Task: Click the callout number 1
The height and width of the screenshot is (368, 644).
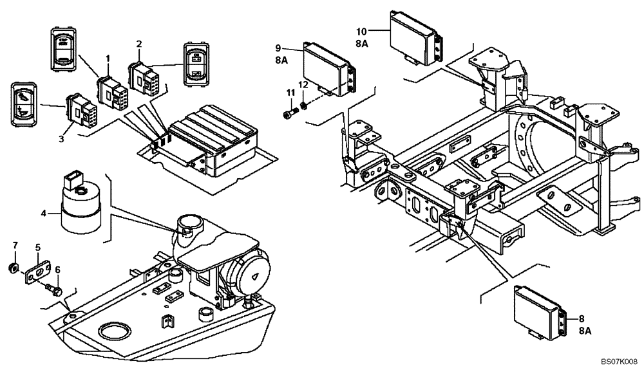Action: click(x=108, y=59)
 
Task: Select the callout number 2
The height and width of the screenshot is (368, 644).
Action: click(x=138, y=44)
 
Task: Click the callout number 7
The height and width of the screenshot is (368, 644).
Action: click(x=15, y=245)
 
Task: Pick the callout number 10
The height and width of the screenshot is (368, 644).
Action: click(x=361, y=30)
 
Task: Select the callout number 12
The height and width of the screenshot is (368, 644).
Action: click(x=303, y=84)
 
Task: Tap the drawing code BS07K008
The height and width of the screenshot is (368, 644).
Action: click(x=620, y=362)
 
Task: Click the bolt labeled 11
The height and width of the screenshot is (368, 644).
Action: click(x=289, y=115)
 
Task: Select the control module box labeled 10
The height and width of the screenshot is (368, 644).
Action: click(x=415, y=38)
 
